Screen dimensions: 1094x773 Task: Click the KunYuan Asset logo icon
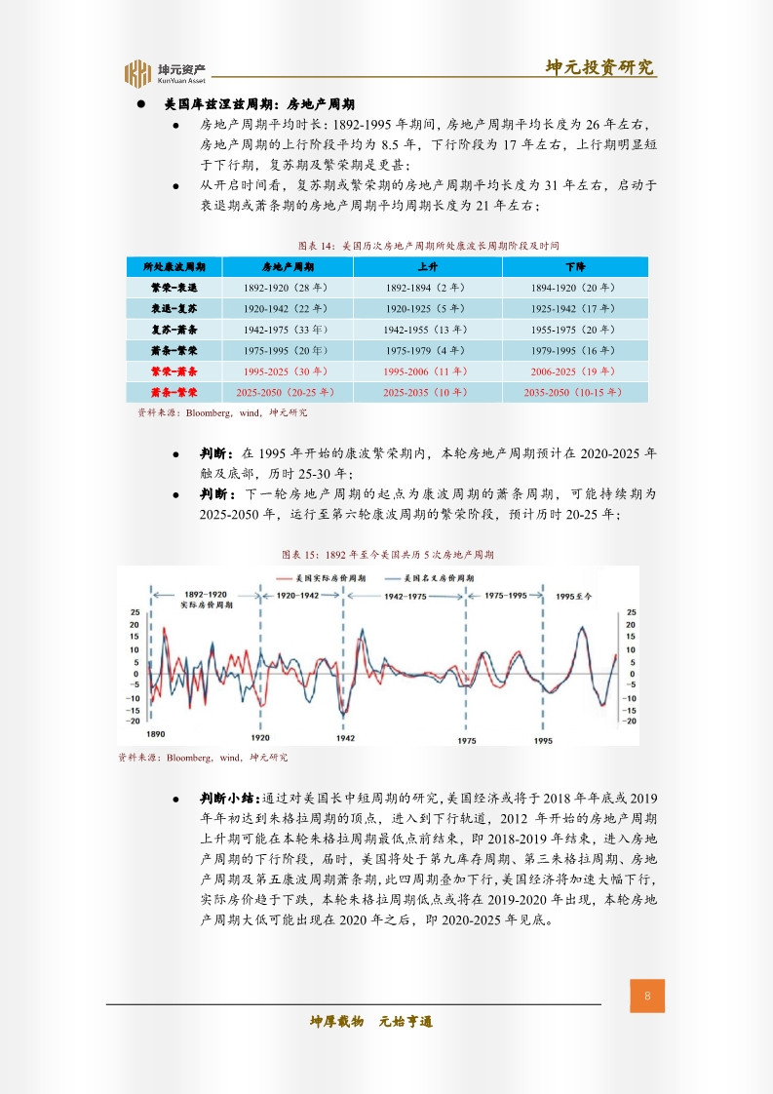click(137, 72)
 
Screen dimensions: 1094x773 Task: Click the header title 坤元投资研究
click(599, 66)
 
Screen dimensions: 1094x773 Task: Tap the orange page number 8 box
click(647, 996)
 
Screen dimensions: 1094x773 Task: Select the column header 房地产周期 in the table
click(288, 267)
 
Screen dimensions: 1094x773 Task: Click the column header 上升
click(427, 267)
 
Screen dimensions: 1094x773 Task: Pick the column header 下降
click(574, 267)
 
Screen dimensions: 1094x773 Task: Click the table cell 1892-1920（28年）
click(288, 289)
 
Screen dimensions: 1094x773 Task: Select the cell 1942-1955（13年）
click(427, 330)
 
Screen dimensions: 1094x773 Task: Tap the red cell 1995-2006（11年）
click(427, 371)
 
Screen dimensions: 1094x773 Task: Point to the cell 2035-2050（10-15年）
click(574, 392)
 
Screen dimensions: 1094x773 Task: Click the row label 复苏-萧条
click(174, 330)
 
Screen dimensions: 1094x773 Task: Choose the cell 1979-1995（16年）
click(574, 350)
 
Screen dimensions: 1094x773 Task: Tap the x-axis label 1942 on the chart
click(344, 739)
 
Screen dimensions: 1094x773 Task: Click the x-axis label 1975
click(467, 741)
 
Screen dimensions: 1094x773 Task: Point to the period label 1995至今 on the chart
click(573, 595)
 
